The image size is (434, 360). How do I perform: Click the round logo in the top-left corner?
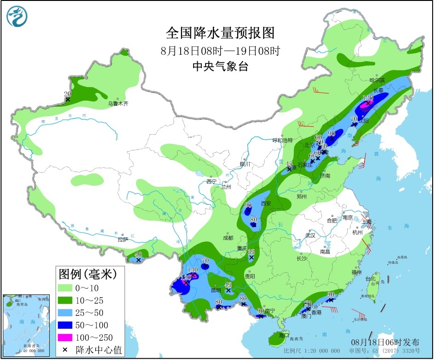pos(17,17)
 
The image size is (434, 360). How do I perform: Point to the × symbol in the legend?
pos(65,350)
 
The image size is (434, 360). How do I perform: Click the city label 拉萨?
pos(122,240)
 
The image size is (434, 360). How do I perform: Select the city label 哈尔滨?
pos(377,80)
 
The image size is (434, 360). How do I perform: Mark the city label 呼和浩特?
pos(282,140)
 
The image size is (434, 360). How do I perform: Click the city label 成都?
pos(227,238)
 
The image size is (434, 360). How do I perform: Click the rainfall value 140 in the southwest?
pos(193,270)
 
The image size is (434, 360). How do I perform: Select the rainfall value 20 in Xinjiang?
pos(68,94)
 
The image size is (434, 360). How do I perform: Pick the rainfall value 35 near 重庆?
pos(251,252)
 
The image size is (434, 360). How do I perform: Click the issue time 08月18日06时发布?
pos(385,342)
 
